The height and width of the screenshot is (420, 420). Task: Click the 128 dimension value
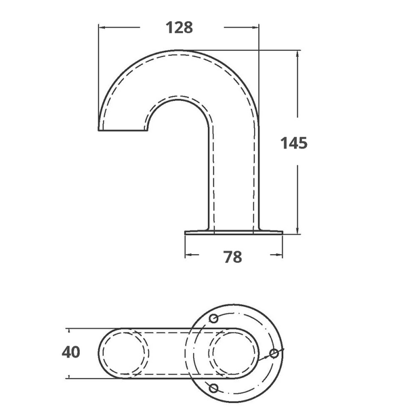tap(180, 27)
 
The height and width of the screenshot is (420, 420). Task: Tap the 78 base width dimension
tap(233, 257)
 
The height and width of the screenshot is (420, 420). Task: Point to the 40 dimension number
tap(71, 352)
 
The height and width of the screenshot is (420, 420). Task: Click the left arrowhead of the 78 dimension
tap(188, 256)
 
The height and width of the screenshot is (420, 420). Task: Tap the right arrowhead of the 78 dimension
tap(279, 256)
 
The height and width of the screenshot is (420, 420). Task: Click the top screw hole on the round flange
tap(214, 319)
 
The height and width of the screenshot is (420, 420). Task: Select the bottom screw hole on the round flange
tap(213, 388)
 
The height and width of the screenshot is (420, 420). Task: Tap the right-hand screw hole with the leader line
tap(274, 353)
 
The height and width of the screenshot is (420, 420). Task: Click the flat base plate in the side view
tap(234, 232)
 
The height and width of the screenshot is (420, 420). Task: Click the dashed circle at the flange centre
tap(234, 353)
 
